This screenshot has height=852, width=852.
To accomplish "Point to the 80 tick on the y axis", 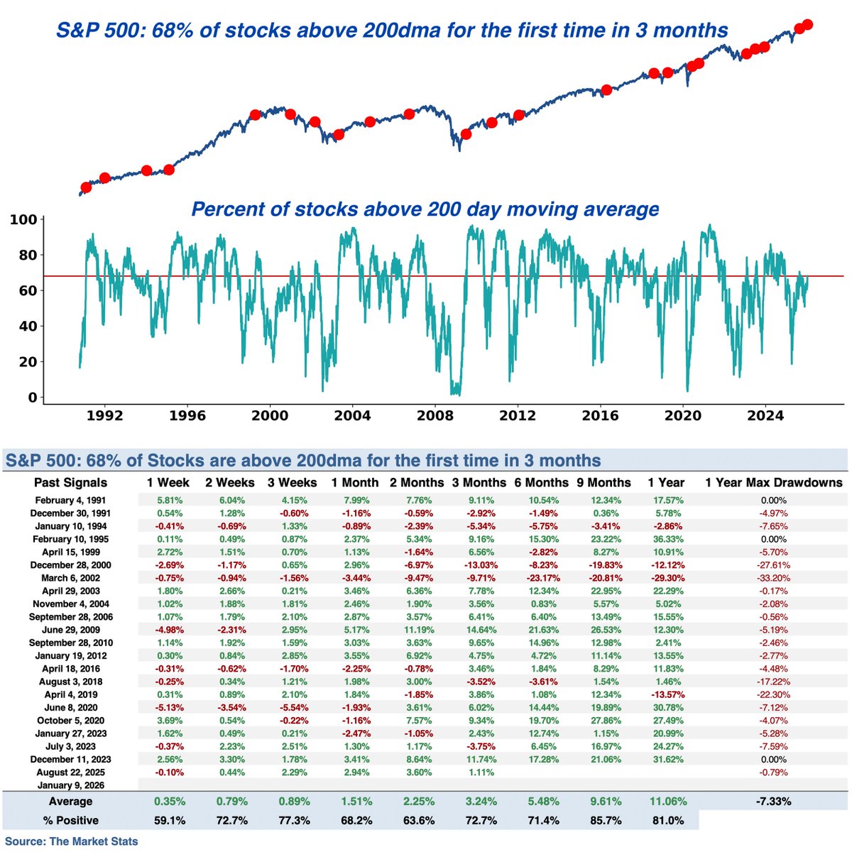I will pos(27,255).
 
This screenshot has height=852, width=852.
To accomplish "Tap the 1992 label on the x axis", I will pos(105,415).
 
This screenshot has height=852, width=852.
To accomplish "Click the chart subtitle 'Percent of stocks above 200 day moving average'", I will pos(425,209).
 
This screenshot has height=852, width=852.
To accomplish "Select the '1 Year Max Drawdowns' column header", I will pos(773,483).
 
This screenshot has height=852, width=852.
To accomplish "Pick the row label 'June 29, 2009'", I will pos(70,630).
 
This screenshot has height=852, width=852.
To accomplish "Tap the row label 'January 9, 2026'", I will pos(70,785).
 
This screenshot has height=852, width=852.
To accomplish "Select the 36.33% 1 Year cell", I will pos(667,539).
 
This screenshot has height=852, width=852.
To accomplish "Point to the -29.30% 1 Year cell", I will pos(667,578).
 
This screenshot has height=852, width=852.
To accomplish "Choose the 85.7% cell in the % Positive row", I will pos(606,820).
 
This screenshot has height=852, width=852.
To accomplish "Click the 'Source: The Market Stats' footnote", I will pos(72,841).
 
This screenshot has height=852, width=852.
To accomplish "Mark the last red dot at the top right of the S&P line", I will pos(808,25).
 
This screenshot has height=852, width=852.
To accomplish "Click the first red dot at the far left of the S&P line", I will pos(87,187).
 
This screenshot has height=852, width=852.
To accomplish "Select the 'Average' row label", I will pos(70,802).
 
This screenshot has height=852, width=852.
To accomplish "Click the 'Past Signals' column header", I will pos(70,483).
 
